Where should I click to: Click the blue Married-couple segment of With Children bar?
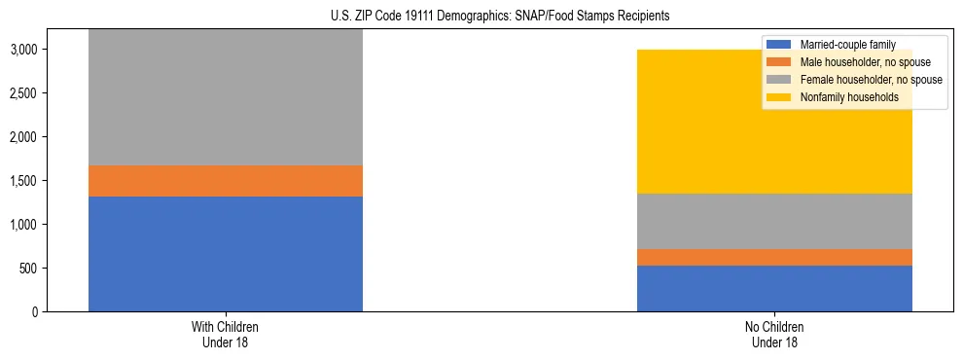click(226, 254)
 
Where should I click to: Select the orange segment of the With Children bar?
click(226, 181)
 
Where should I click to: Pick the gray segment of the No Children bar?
click(774, 221)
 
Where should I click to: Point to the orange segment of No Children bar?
click(774, 257)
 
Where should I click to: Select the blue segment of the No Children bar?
click(774, 288)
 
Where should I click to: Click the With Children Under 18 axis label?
click(226, 335)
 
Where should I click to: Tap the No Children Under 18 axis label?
click(774, 335)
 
